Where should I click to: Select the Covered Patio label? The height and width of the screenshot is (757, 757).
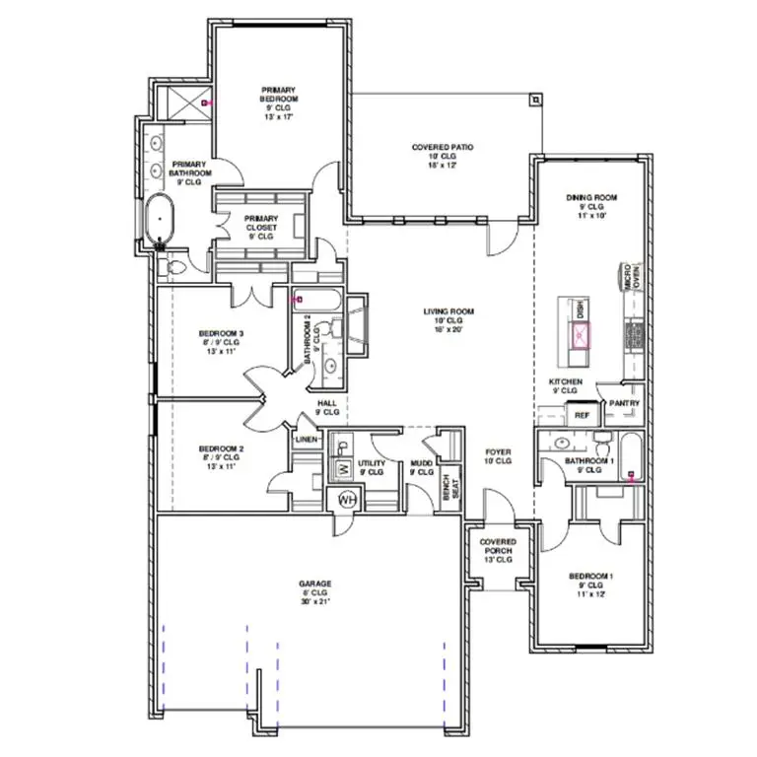click(x=443, y=156)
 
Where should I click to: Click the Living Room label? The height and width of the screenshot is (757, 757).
click(x=448, y=320)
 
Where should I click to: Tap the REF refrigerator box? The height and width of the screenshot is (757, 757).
click(x=582, y=416)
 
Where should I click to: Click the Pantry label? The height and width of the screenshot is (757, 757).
click(x=625, y=403)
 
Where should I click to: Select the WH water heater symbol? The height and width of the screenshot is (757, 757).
click(x=347, y=500)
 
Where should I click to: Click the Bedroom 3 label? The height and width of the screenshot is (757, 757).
click(x=221, y=341)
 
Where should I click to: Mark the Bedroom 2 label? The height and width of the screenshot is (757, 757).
click(x=221, y=455)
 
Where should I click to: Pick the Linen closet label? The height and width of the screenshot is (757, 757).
click(x=305, y=439)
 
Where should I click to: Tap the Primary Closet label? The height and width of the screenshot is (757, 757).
click(x=261, y=227)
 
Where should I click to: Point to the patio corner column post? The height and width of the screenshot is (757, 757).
click(x=534, y=100)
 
